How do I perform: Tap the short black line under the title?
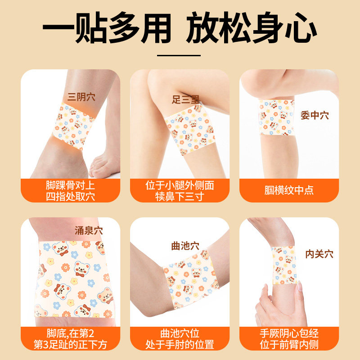click(x=180, y=56)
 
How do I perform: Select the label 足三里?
click(x=186, y=100)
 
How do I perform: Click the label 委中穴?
click(x=315, y=116)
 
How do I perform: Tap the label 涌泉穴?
click(x=88, y=231)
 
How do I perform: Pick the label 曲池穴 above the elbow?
click(x=185, y=246)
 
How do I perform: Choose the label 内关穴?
click(x=319, y=254)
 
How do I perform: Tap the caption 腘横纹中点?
click(x=288, y=190)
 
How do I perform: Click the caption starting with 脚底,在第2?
click(x=71, y=339)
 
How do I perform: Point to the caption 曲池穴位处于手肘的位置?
click(x=180, y=339)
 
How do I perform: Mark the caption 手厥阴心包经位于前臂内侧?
click(x=288, y=339)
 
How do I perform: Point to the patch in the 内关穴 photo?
click(x=284, y=265)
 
